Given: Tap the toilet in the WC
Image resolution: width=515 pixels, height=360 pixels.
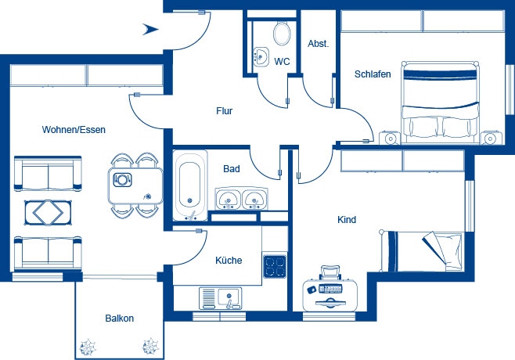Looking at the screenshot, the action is click(x=282, y=33).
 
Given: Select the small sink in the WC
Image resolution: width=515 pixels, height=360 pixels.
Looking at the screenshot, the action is click(x=261, y=56).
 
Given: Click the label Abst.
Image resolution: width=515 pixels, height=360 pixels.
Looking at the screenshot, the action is click(x=318, y=44).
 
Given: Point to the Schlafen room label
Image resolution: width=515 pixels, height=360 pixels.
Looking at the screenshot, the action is click(x=373, y=74).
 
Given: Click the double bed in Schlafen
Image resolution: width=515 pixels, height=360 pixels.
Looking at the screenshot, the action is click(x=440, y=103).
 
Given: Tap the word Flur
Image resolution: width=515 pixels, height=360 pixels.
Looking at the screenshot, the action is click(x=225, y=111).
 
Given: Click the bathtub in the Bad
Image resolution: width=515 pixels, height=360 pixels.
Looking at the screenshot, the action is click(x=190, y=185).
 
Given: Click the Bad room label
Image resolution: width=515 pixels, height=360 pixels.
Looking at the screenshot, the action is click(x=231, y=169).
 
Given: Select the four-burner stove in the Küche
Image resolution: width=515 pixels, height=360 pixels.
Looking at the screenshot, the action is click(x=275, y=266).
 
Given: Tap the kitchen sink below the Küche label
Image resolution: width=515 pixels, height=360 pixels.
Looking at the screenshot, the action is click(x=220, y=298).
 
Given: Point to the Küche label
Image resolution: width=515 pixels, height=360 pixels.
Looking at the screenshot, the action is click(x=229, y=261).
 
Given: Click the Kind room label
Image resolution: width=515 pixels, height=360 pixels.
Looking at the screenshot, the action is click(x=347, y=219).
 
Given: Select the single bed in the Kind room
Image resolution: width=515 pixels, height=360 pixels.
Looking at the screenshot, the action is click(x=422, y=251).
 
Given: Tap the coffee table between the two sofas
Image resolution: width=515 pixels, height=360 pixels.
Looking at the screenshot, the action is click(x=48, y=213).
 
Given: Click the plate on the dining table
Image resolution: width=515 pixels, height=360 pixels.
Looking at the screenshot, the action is click(x=122, y=180).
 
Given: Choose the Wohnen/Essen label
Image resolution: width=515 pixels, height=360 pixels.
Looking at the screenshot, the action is click(x=74, y=130).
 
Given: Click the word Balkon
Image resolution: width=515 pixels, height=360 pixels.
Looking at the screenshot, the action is click(x=119, y=319).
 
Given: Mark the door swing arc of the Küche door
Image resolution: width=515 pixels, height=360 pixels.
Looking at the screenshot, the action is click(x=199, y=253).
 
